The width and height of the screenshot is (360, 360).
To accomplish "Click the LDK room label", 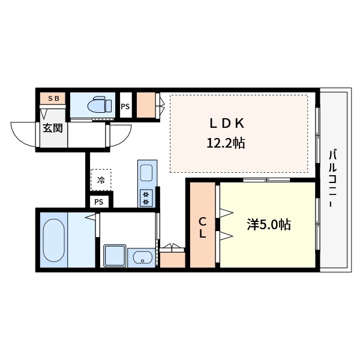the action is tap(227, 123).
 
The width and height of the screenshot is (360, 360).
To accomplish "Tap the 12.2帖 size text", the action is tap(226, 143).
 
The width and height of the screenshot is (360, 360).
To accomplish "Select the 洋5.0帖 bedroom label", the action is tap(269, 224).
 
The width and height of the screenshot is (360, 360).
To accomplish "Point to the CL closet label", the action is tap(202, 228).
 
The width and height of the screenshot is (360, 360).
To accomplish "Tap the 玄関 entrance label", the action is tap(53, 128).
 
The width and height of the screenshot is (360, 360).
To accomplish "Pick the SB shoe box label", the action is tap(53, 98).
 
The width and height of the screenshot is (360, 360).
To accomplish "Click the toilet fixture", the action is tap(100, 106).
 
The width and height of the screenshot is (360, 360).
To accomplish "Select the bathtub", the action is tap(54, 240).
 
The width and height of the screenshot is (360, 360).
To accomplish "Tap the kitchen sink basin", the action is tap(146, 173).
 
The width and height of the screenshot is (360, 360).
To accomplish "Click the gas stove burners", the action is tap(146, 198).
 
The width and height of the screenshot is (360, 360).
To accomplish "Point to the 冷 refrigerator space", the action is tap(101, 180).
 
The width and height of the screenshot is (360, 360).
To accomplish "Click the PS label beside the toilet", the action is tap(125, 107).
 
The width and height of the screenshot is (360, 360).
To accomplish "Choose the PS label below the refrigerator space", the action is tap(99, 202).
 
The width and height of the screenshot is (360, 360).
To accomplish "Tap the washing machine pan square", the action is tap(115, 256).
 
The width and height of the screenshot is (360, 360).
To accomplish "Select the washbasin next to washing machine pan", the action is tap(142, 257).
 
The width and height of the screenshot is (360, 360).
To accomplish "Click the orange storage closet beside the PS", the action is tap(146, 105).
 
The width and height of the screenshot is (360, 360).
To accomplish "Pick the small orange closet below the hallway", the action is tap(172, 260).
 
